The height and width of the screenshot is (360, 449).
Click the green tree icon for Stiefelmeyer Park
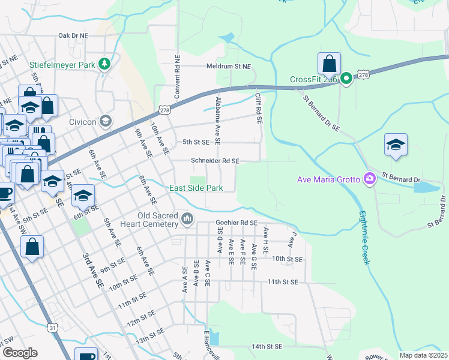point(104,64)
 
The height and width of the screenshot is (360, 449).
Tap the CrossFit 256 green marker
point(346,79)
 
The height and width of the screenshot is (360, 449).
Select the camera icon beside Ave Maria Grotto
point(370,179)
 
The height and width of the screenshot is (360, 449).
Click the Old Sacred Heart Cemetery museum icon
point(188,218)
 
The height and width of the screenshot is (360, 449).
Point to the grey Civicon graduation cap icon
point(106,121)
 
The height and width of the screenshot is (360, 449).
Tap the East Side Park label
point(196,188)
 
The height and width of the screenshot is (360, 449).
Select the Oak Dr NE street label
point(73,36)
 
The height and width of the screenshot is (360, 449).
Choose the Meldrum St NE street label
point(229,66)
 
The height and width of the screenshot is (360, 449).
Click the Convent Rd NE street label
point(177,77)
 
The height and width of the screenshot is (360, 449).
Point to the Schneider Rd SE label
point(215,161)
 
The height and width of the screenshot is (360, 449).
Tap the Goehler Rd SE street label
point(236,223)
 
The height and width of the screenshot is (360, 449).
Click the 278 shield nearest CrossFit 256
point(363,74)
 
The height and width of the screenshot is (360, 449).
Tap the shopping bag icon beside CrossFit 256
point(329,64)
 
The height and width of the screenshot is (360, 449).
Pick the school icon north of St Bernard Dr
point(396,145)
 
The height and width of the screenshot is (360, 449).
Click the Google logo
point(20,353)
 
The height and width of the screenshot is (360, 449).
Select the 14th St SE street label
point(267,346)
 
